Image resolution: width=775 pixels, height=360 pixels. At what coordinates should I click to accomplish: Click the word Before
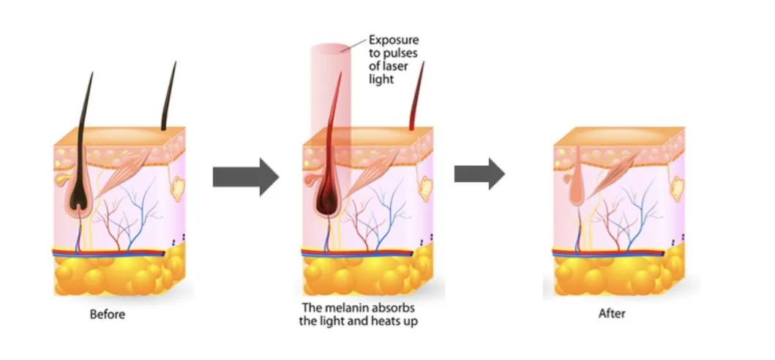108,315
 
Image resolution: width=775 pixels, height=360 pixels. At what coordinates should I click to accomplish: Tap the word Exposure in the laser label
394,40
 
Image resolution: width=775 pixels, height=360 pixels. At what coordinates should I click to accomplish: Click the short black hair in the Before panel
169,95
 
